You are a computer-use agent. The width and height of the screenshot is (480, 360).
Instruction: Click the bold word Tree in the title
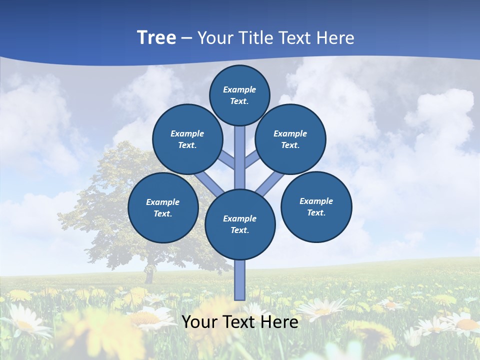[156, 37]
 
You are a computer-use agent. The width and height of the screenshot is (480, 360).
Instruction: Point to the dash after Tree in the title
[186, 38]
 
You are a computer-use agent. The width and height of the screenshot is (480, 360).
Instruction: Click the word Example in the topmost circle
[239, 89]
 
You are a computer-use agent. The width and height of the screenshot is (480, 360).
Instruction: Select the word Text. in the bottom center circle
[239, 230]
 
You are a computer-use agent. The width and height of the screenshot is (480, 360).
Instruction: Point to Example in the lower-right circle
[316, 201]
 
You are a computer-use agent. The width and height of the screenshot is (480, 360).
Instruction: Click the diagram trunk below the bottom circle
[240, 280]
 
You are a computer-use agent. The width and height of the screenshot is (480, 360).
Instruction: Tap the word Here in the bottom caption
[279, 321]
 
